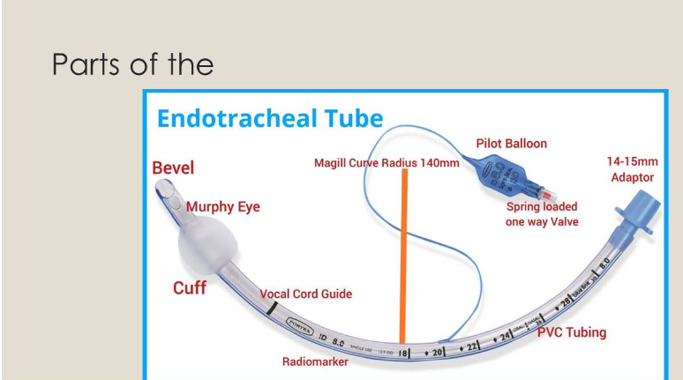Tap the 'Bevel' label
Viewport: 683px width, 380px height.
[x=173, y=168]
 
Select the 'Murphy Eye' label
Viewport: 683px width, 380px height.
[x=223, y=207]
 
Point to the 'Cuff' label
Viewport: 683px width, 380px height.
[x=189, y=287]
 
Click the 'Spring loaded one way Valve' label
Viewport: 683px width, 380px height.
[x=542, y=214]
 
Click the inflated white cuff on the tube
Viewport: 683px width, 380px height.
[x=205, y=246]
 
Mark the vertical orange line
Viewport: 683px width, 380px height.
[x=402, y=256]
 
